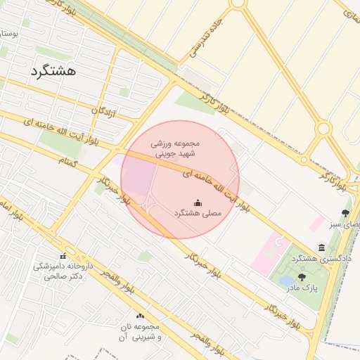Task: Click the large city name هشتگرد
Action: (53, 71)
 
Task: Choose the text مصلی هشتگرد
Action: (198, 212)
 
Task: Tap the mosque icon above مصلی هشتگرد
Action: (198, 201)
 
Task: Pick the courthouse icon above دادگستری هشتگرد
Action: (321, 248)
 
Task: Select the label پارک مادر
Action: (302, 288)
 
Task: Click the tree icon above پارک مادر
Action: (302, 277)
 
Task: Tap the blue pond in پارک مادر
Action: (286, 281)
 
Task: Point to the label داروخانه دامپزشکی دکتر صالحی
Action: (63, 271)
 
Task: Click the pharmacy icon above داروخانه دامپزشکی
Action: (63, 256)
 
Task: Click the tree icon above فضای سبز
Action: (346, 212)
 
